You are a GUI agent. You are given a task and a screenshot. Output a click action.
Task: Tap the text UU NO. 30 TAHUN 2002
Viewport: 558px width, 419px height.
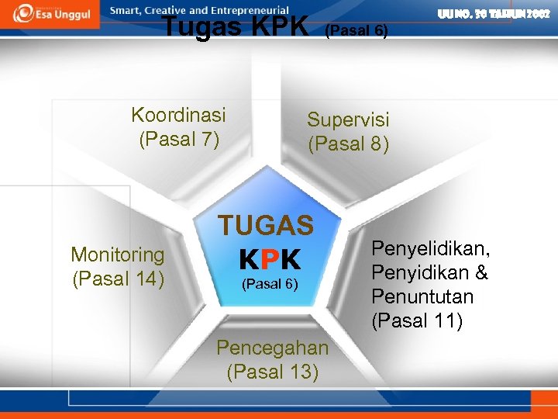[x=494, y=13]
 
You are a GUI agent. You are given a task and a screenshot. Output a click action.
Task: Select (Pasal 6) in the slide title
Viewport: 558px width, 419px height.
[x=355, y=31]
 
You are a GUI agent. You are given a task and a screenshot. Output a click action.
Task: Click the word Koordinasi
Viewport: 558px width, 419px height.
[x=179, y=116]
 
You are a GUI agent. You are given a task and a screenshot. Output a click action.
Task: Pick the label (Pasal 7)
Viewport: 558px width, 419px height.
[x=179, y=140]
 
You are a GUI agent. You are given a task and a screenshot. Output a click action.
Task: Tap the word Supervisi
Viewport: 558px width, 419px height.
[x=348, y=119]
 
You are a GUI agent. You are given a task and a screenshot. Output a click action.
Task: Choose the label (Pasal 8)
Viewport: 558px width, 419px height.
[x=348, y=144]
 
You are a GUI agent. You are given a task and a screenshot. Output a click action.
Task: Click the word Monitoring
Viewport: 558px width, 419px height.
[x=118, y=255]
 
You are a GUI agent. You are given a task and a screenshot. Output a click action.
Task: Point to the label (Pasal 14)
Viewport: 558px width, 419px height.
[x=118, y=278]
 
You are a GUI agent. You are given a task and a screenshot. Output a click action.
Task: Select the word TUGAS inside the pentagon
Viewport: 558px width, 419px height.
[x=266, y=226]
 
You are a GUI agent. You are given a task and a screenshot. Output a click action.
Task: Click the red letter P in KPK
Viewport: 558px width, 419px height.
[x=269, y=259]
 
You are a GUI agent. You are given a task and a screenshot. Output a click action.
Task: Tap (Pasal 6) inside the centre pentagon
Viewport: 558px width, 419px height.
[x=268, y=284]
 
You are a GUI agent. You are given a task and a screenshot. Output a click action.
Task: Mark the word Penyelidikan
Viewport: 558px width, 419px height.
[x=431, y=248]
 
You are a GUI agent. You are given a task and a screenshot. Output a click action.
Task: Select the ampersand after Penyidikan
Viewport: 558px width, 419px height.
[x=480, y=272]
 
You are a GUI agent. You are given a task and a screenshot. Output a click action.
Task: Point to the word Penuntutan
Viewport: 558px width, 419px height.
[x=422, y=296]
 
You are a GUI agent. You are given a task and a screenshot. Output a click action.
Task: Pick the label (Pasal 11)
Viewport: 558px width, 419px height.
[x=417, y=320]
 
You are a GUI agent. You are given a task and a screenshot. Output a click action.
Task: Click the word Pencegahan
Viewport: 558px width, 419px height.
[x=273, y=347]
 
